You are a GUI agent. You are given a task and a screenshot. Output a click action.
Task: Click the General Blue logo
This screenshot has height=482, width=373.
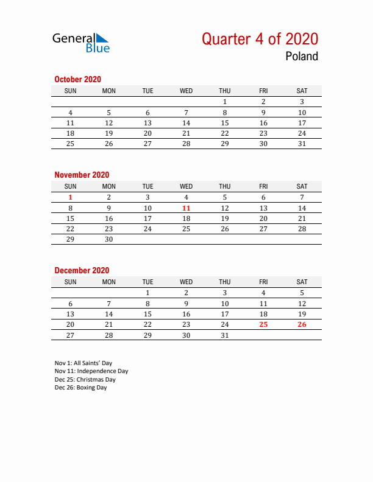click(x=81, y=43)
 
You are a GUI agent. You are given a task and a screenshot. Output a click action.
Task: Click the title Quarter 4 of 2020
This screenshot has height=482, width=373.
click(x=260, y=39)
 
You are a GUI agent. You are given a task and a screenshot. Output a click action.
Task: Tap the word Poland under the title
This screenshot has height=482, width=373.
click(x=301, y=57)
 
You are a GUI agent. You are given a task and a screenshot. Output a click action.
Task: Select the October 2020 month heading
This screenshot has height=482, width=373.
click(x=77, y=79)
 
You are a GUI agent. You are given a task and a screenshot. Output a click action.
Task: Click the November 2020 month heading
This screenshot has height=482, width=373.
click(x=82, y=175)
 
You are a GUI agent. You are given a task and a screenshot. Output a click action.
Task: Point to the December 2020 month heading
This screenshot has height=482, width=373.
click(x=82, y=270)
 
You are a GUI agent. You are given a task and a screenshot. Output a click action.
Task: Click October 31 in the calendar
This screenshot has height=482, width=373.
click(x=302, y=144)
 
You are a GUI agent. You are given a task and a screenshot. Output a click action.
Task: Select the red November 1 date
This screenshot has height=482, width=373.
click(x=71, y=197)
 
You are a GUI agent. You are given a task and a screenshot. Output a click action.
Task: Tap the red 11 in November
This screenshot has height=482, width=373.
click(x=187, y=208)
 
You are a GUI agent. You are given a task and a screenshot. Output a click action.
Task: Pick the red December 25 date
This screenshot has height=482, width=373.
click(x=263, y=324)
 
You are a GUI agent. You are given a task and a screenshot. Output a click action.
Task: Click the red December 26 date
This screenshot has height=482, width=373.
click(x=302, y=324)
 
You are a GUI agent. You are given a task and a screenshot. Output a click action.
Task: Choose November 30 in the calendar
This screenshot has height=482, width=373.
click(x=109, y=239)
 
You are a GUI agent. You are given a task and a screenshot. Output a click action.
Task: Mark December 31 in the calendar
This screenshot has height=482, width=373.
click(x=225, y=335)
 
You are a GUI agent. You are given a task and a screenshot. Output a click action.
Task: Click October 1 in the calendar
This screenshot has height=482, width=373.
click(x=225, y=102)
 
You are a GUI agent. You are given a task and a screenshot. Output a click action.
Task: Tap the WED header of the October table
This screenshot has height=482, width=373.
click(x=187, y=91)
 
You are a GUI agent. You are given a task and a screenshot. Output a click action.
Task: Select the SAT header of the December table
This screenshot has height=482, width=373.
click(x=302, y=282)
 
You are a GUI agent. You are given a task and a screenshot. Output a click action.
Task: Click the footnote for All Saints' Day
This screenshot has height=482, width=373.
click(x=83, y=363)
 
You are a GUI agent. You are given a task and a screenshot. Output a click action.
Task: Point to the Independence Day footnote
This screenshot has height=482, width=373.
click(x=91, y=371)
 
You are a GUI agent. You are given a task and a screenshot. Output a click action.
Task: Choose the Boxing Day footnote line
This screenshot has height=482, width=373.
click(x=80, y=388)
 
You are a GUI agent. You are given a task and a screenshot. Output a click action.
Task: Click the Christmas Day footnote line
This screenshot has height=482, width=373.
click(x=85, y=380)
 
